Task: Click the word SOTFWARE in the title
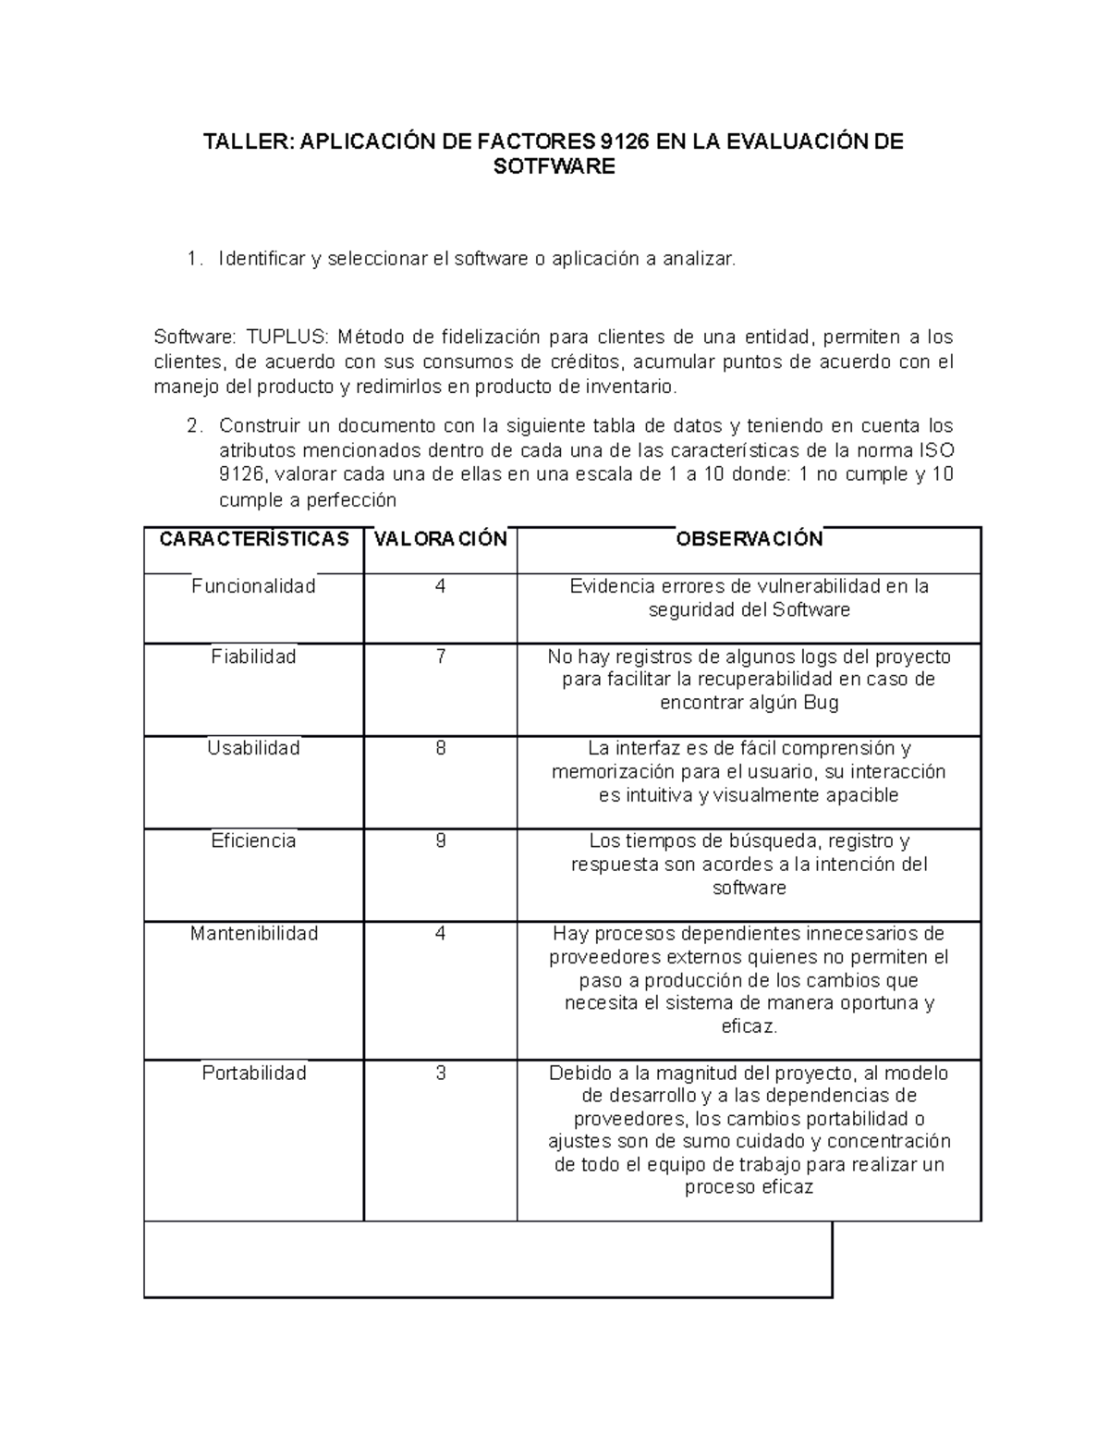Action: click(554, 167)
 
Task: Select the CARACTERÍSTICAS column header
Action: click(254, 539)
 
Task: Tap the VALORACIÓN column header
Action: click(440, 539)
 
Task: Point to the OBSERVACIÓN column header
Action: click(749, 539)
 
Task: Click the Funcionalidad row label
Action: click(253, 586)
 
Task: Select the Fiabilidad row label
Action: click(253, 657)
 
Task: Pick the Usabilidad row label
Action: click(253, 748)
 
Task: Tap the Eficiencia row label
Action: click(253, 841)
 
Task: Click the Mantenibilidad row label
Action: click(253, 934)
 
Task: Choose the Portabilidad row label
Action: click(253, 1074)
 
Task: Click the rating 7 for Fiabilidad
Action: click(441, 657)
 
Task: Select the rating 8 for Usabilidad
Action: click(441, 748)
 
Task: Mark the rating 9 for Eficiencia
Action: click(441, 841)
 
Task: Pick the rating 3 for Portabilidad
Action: click(441, 1074)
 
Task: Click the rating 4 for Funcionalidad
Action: click(441, 586)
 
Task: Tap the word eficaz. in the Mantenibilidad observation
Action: click(749, 1026)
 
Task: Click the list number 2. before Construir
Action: click(193, 426)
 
